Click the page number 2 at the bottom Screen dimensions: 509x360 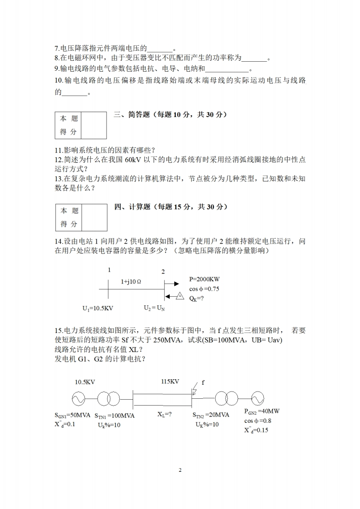coord(180,470)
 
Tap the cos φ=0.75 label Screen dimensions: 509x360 coord(204,289)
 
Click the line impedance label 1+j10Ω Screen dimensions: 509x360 coord(131,281)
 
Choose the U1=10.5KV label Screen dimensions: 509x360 coord(98,308)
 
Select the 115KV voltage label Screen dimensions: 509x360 coord(170,382)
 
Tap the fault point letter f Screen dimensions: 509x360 coord(203,382)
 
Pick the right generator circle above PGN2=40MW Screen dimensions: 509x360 coord(255,399)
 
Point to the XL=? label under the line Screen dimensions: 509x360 coord(164,414)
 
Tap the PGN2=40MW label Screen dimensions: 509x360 coord(262,411)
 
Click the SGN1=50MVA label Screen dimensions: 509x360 coord(73,415)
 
